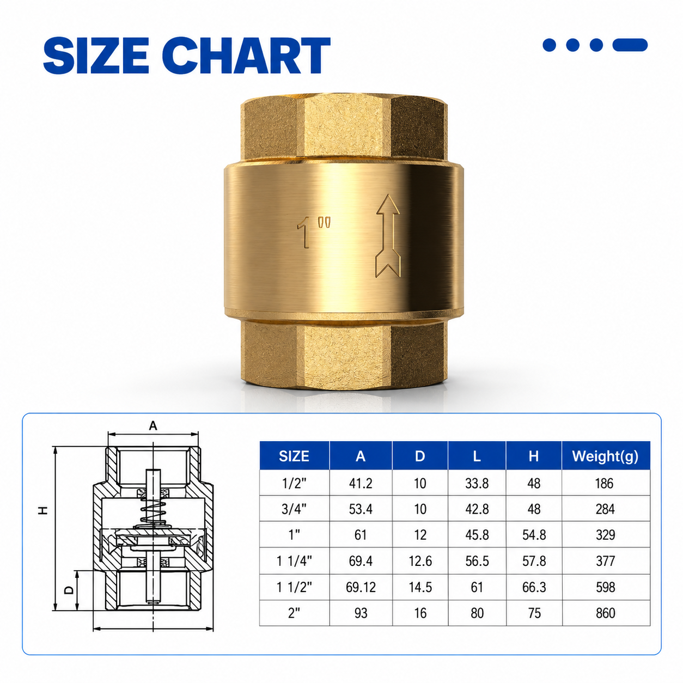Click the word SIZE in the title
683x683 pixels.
point(96,56)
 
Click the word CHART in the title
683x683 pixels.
point(247,56)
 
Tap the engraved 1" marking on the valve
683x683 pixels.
point(314,232)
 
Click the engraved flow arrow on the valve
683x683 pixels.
point(388,235)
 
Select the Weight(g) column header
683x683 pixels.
point(605,456)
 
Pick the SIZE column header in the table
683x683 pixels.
point(294,456)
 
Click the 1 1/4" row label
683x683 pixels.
point(294,561)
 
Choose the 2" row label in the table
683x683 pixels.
point(294,613)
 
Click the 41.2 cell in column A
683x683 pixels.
point(361,484)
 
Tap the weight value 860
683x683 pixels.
point(605,613)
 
